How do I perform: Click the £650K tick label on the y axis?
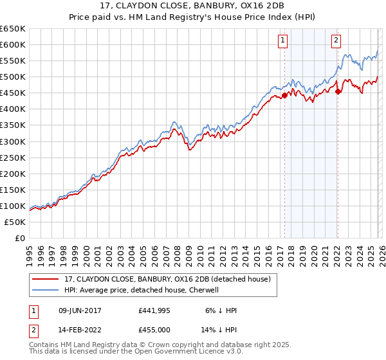13,29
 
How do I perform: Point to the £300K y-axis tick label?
13,141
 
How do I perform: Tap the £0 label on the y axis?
20,238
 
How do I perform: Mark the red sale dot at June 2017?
284,95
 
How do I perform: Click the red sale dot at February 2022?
337,91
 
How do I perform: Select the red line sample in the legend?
45,279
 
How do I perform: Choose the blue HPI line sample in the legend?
45,290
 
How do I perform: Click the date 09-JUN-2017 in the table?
77,310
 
